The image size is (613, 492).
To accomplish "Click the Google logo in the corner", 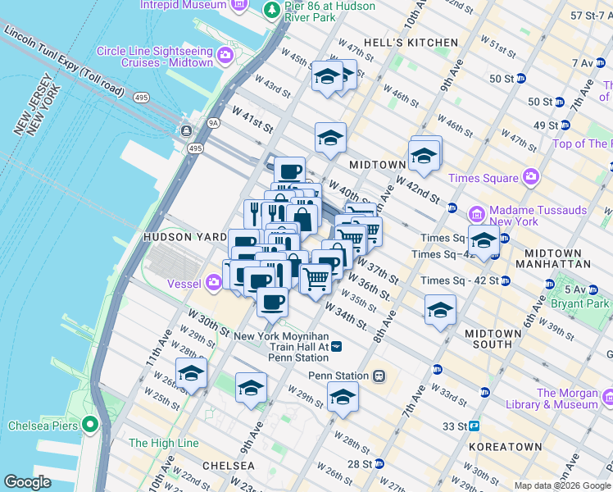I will (x=27, y=482).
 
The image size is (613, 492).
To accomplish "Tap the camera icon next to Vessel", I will (x=214, y=282).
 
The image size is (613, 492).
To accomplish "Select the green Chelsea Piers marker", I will (x=89, y=426).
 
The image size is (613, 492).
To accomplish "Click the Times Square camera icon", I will (x=531, y=178).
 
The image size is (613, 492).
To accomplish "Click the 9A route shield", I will (x=214, y=124).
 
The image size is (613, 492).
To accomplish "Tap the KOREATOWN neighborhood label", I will (x=505, y=447).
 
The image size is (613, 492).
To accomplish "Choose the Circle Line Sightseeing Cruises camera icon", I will (x=225, y=57).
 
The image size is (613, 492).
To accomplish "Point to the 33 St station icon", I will (x=474, y=426).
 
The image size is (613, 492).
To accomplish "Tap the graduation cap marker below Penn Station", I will (x=343, y=398).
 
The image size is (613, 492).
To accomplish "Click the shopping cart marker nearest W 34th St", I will (x=316, y=279).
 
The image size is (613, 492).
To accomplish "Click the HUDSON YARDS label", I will (x=184, y=236).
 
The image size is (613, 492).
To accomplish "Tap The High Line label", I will (x=164, y=443).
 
